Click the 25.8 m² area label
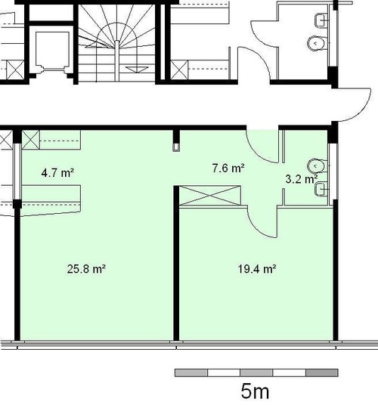[86, 269]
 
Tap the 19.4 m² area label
[257, 270]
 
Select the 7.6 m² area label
[228, 168]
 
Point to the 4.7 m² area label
[58, 172]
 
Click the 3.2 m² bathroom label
[302, 179]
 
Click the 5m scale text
[255, 391]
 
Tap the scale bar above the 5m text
[256, 373]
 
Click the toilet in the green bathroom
[318, 166]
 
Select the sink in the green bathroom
[321, 189]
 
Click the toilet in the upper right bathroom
[318, 43]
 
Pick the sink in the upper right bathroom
[321, 20]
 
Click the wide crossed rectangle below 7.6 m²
[210, 196]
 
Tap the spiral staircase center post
[116, 60]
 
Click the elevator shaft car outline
[52, 49]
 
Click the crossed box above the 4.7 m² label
[31, 140]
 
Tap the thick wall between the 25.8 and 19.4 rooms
[176, 263]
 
